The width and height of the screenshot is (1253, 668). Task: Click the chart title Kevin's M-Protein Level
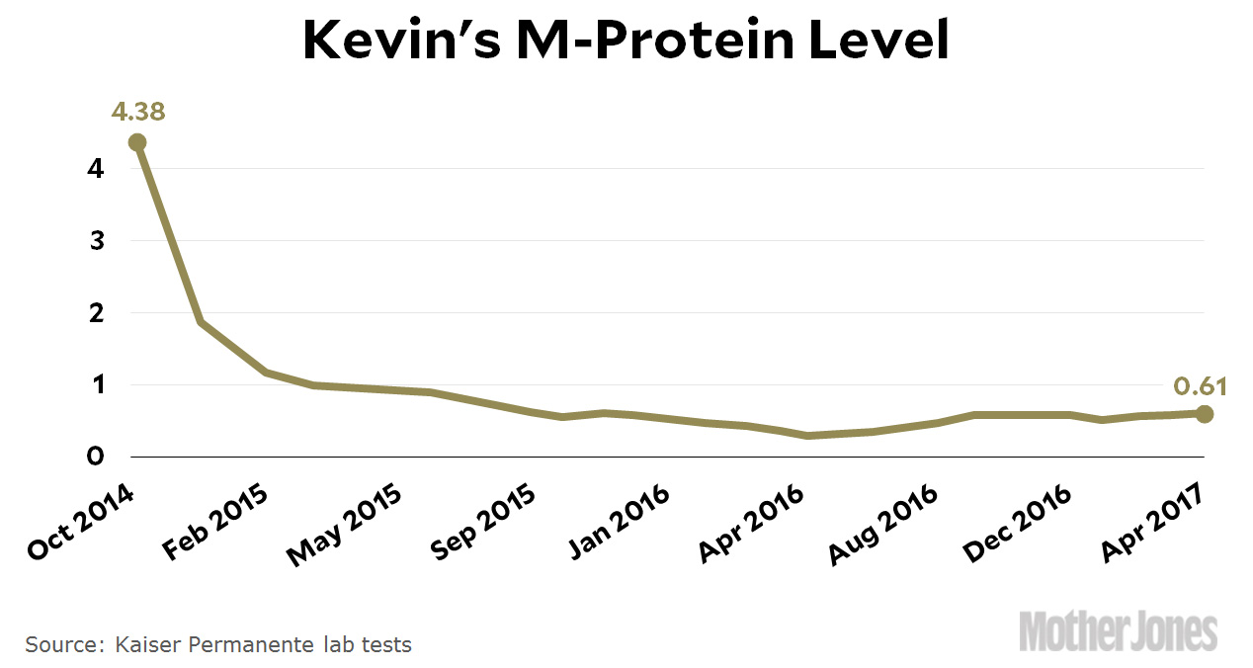[626, 42]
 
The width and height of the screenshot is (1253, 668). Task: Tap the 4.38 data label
[138, 112]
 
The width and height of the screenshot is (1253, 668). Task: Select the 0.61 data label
[1200, 385]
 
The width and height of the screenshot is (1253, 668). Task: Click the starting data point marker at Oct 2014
[137, 142]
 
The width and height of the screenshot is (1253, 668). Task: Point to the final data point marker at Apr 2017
[1204, 414]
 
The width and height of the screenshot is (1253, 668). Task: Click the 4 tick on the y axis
[96, 169]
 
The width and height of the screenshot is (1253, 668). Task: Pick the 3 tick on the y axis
[96, 241]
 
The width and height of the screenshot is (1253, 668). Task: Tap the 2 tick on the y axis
[96, 313]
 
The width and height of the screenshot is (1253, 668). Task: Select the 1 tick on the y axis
[96, 385]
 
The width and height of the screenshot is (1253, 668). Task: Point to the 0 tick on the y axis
[96, 457]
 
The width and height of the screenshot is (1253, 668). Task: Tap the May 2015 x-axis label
[344, 526]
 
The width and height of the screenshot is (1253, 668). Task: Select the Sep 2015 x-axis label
[483, 524]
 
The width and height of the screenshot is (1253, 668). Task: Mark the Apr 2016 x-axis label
[752, 524]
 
